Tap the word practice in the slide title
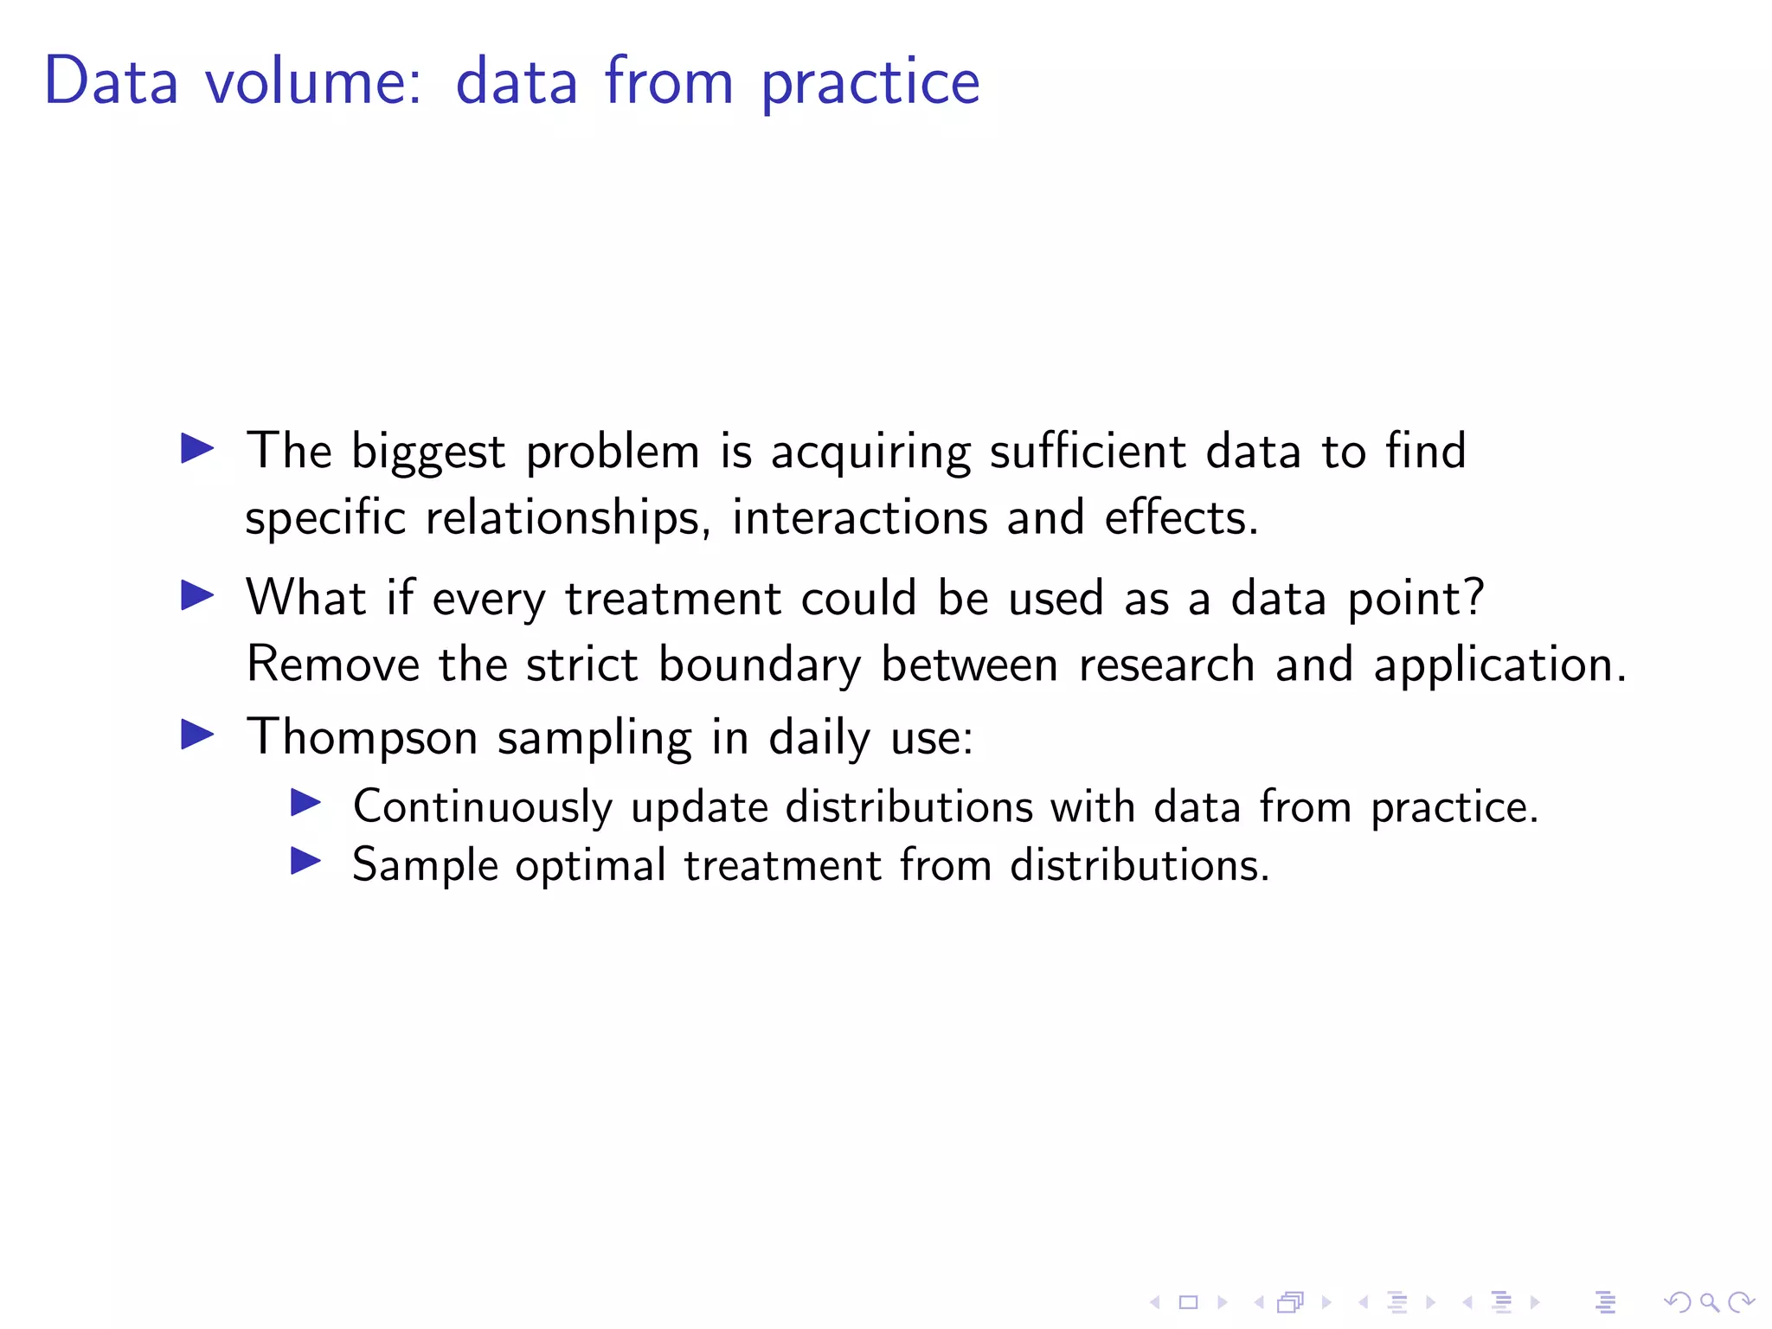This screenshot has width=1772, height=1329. (870, 84)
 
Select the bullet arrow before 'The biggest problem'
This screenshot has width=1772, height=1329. (197, 449)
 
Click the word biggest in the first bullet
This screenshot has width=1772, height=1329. (427, 453)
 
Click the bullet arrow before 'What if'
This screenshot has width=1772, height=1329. (197, 595)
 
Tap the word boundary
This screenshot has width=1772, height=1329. (760, 665)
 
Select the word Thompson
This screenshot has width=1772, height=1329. (362, 738)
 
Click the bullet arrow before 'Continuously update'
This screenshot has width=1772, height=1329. (306, 803)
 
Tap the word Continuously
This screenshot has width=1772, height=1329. (483, 807)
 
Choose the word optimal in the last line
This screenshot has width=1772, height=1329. (590, 865)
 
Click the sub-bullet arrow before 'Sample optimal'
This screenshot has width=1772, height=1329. (306, 861)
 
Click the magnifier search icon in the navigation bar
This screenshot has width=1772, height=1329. (1709, 1302)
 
